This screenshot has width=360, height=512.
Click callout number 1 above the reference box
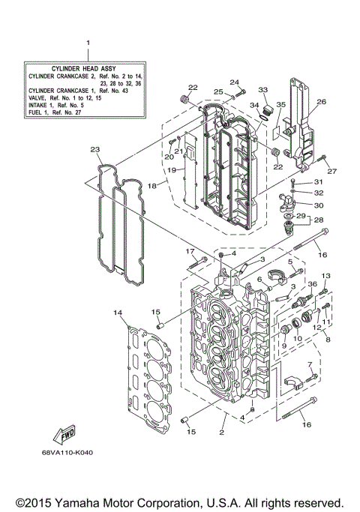click(88, 44)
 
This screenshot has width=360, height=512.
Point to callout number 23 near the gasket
click(95, 149)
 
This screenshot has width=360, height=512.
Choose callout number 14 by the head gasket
click(117, 311)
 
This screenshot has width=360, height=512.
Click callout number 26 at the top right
click(321, 102)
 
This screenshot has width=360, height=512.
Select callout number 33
click(263, 90)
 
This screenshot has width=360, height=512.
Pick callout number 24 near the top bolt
click(234, 82)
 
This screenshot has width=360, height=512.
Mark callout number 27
click(331, 171)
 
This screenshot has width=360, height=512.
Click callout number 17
click(190, 251)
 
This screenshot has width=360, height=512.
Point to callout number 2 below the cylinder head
click(222, 433)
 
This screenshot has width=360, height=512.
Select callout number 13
click(326, 277)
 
